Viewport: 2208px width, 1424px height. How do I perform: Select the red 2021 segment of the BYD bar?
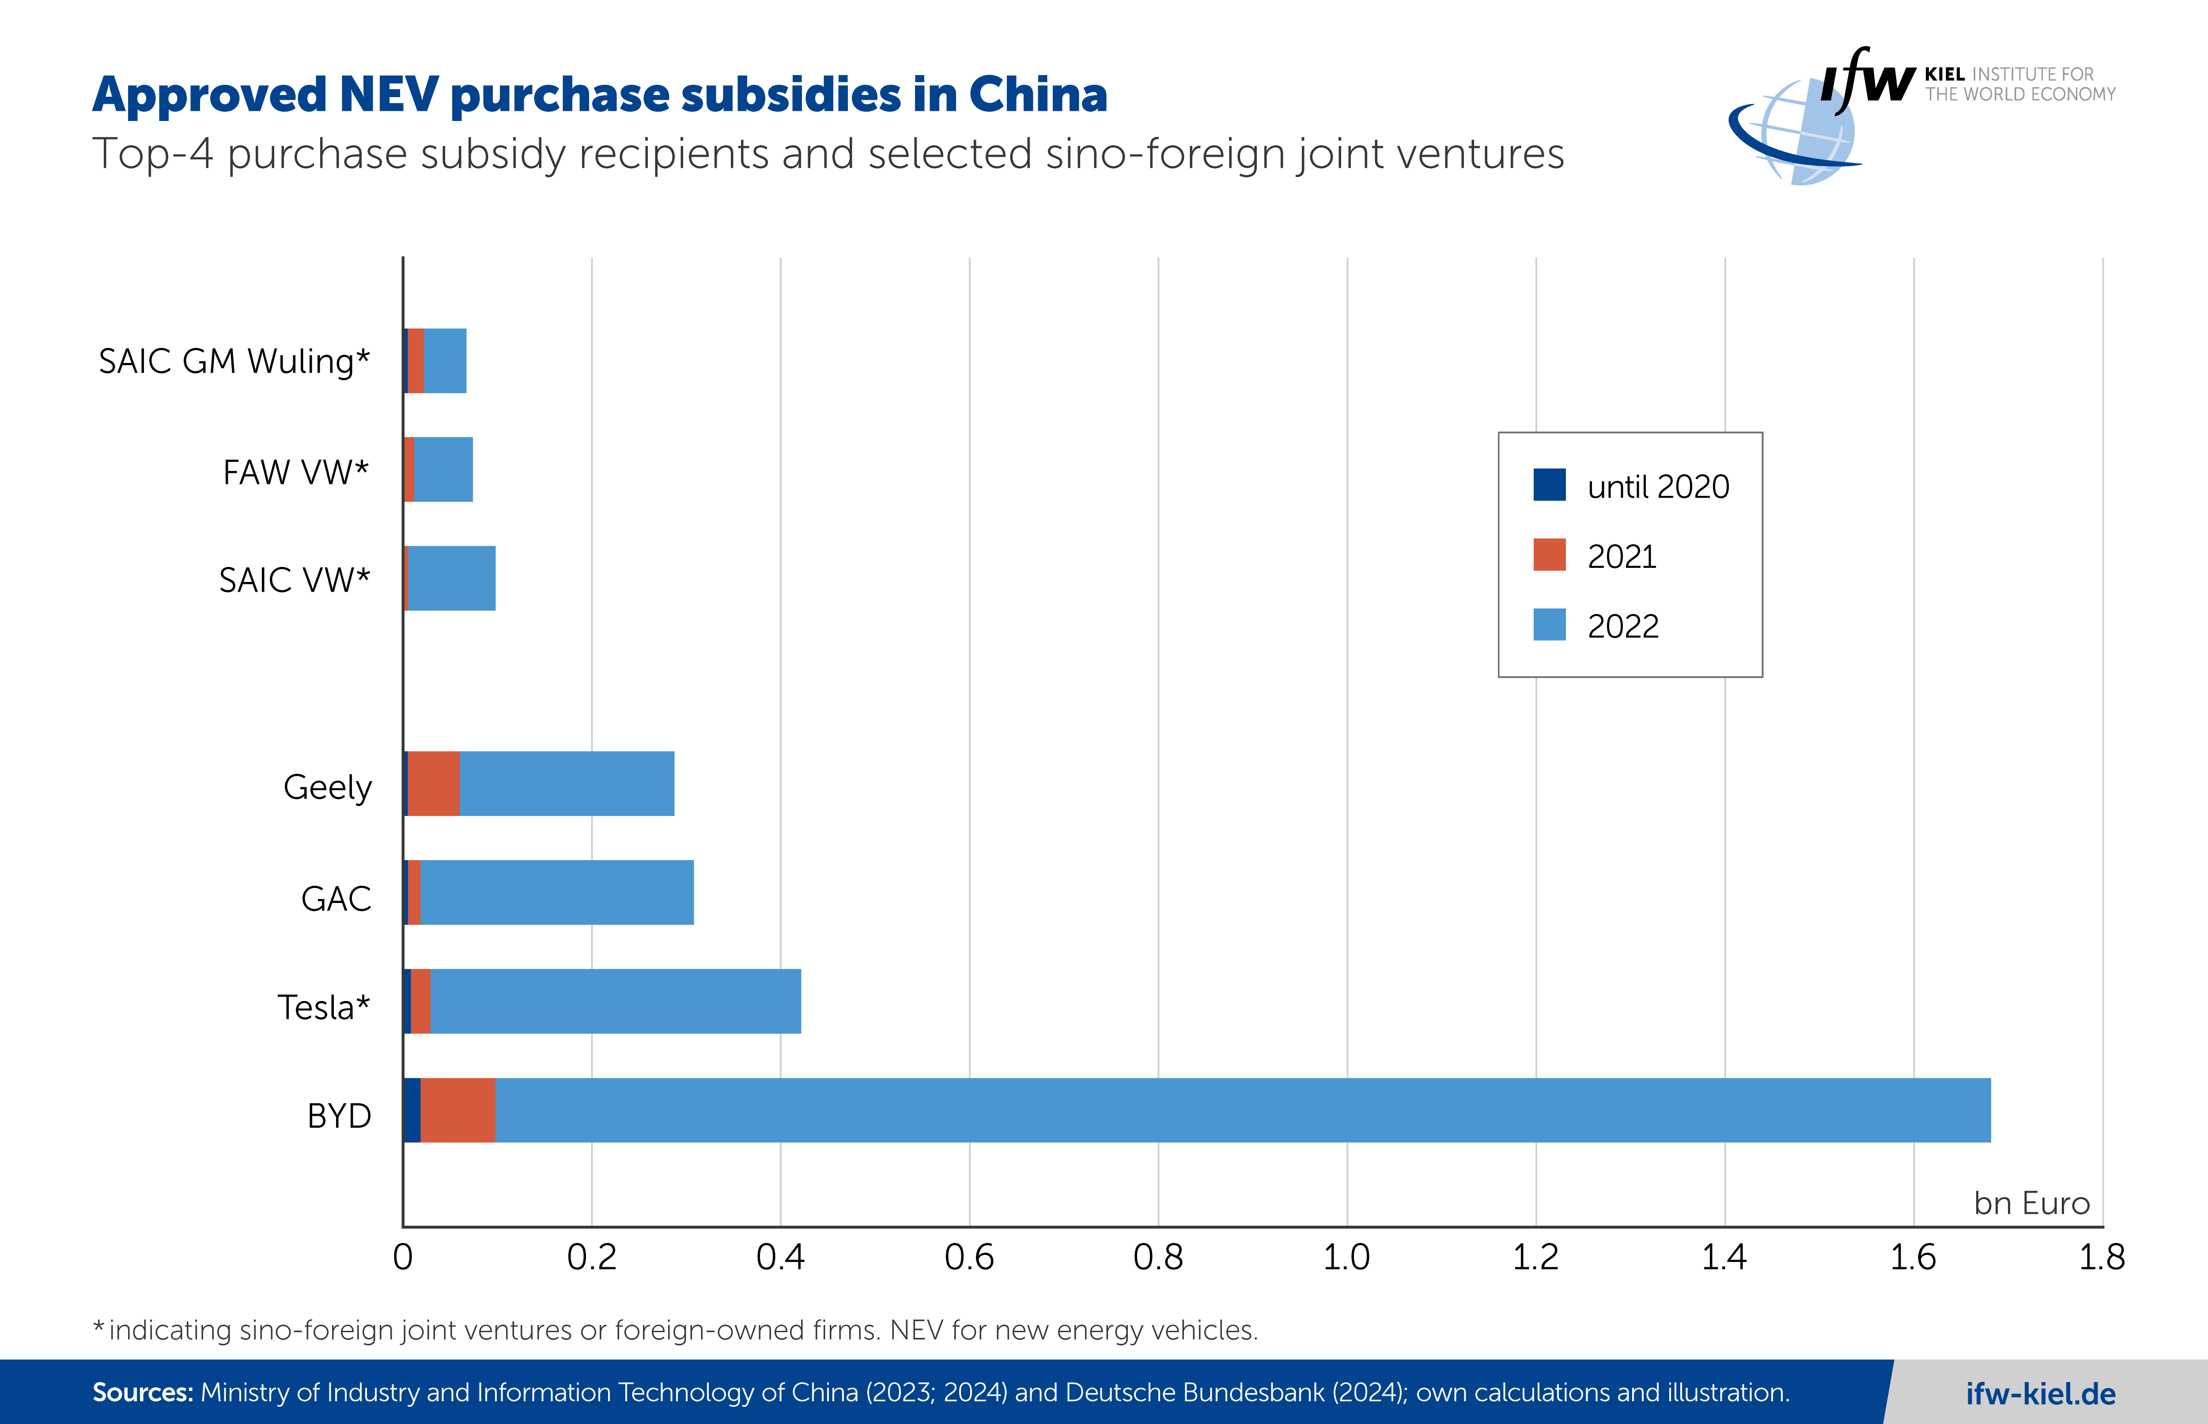457,1110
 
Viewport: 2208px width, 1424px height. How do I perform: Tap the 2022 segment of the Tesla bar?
615,1001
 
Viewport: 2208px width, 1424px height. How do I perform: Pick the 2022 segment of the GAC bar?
556,892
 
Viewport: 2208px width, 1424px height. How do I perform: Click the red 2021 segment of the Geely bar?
434,783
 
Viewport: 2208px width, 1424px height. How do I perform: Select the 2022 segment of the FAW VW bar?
443,470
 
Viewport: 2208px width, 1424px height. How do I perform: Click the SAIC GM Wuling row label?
234,361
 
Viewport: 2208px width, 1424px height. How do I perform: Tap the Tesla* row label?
324,1007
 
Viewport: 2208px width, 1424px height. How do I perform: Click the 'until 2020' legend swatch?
1549,484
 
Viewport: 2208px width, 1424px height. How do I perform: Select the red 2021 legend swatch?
1549,555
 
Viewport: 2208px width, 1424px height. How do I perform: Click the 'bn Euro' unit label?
2031,1203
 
